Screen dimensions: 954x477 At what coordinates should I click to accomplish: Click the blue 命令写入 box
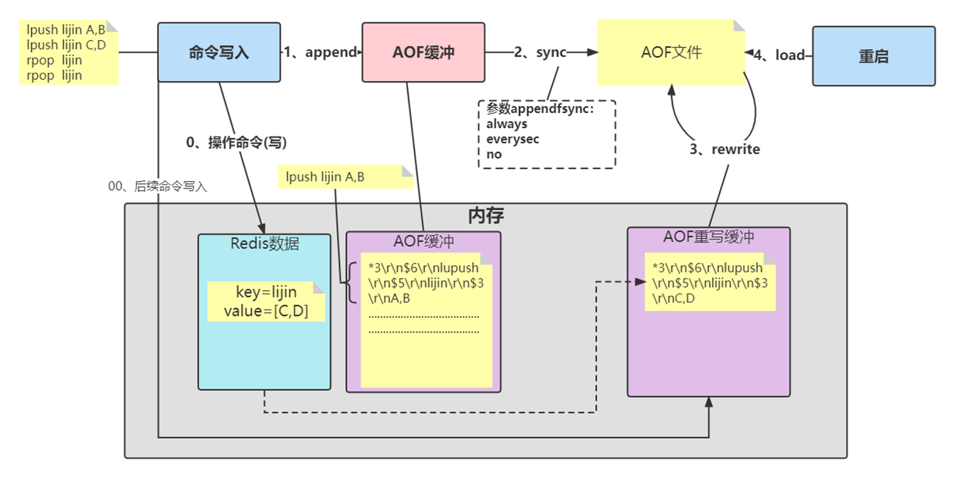[x=219, y=52]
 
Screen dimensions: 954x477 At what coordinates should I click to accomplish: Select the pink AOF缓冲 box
[x=423, y=52]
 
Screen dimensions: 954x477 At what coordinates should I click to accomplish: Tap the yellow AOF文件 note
[x=671, y=52]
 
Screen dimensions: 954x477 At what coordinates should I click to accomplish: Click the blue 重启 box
[x=874, y=56]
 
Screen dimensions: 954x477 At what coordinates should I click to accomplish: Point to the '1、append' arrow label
[x=321, y=52]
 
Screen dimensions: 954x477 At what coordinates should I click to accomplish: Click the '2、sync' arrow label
[x=540, y=52]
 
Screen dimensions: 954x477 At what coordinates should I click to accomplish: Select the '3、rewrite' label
[x=724, y=149]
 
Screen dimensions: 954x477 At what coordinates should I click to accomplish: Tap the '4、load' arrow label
[x=779, y=55]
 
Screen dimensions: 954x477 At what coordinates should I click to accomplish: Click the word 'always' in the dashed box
[x=506, y=124]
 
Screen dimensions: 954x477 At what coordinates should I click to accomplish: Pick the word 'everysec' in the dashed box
[x=512, y=139]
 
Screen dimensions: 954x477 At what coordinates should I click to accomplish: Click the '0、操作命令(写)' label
[x=236, y=142]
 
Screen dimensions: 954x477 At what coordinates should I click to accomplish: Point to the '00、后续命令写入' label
[x=158, y=186]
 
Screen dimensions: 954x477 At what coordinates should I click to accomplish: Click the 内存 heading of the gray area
[x=486, y=215]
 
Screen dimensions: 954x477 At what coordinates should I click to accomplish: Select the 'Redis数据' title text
[x=264, y=243]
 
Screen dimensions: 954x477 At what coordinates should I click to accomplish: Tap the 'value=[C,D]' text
[x=266, y=311]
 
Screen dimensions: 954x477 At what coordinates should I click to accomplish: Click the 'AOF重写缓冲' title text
[x=709, y=237]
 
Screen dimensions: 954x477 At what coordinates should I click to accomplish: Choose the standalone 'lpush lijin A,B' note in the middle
[x=345, y=177]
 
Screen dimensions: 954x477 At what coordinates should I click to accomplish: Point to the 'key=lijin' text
[x=266, y=292]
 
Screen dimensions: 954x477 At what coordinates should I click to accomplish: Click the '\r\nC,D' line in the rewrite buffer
[x=673, y=298]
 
